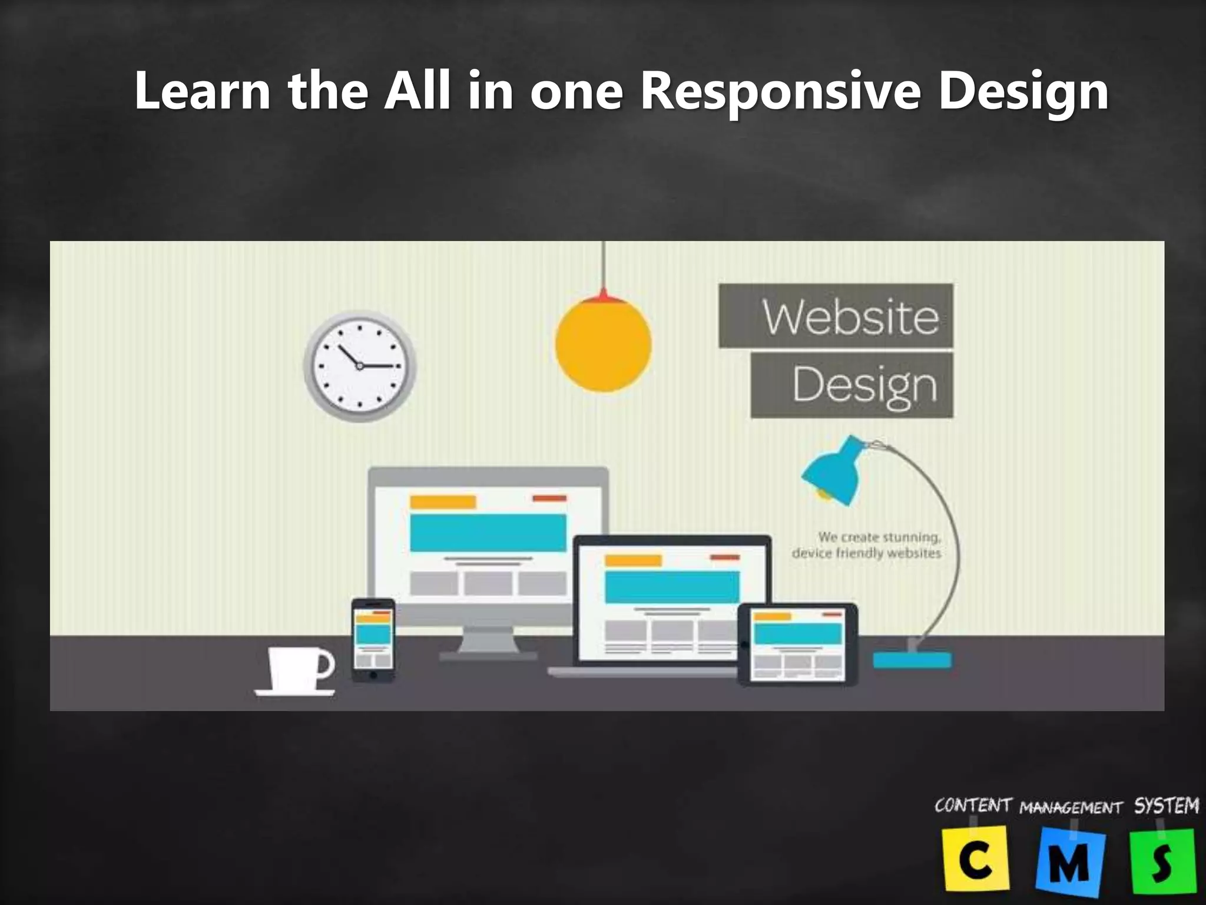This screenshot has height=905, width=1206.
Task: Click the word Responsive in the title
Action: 780,91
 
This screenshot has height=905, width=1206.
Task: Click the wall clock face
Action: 359,366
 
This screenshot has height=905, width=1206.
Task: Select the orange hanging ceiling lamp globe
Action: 603,343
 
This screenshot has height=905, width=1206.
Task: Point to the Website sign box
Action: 836,316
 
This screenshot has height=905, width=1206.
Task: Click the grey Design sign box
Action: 852,385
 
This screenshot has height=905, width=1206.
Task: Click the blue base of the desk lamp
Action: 912,659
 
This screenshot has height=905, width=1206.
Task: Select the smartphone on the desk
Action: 373,639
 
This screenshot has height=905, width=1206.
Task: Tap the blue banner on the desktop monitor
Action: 488,533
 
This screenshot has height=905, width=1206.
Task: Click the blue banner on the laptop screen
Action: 672,587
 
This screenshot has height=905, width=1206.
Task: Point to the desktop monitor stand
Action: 488,642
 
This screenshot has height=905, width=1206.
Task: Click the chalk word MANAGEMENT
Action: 1071,807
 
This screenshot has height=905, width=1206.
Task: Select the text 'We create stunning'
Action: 879,537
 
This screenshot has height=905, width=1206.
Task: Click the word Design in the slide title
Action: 1023,91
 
